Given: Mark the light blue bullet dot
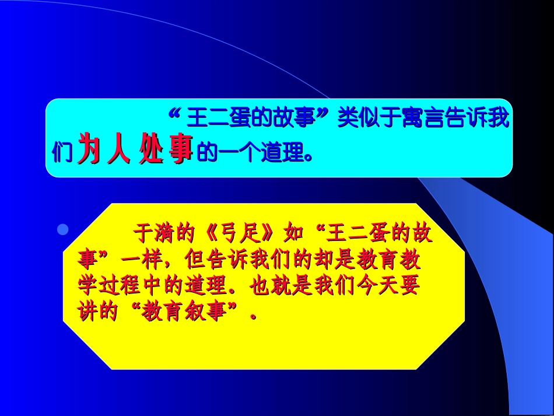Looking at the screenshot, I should [x=63, y=229].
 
